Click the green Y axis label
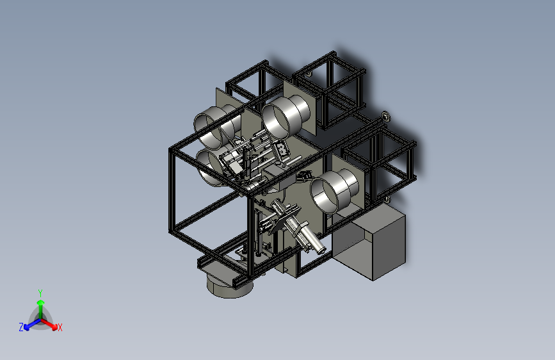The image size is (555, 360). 40,293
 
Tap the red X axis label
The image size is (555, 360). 60,327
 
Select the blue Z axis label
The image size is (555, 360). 21,327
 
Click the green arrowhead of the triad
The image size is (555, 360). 41,303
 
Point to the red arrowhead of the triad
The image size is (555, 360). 54,327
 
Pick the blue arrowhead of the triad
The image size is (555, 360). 26,327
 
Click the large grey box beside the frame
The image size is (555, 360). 369,241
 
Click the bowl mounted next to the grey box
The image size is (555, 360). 335,191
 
